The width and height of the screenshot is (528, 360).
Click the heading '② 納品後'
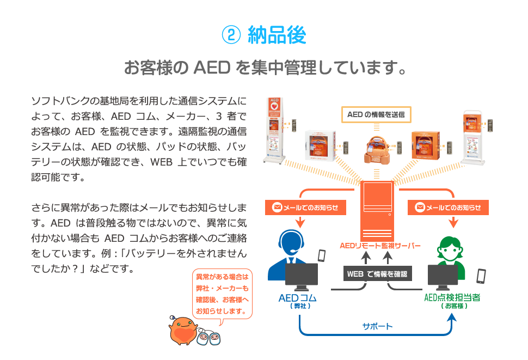[264, 35]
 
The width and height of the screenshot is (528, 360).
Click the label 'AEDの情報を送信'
[376, 114]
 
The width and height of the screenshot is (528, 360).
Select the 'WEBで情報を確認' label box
[377, 273]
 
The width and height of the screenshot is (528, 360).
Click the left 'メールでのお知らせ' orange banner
[305, 208]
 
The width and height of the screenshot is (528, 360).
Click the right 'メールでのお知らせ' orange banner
[448, 208]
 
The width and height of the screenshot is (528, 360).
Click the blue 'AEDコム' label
[297, 298]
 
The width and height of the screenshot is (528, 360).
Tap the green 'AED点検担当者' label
[452, 298]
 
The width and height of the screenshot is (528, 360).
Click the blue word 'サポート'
[377, 326]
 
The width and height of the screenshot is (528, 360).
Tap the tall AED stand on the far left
[274, 131]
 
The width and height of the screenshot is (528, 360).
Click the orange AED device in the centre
[377, 148]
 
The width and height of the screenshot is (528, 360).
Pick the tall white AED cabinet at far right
[472, 137]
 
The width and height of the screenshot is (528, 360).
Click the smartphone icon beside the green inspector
[481, 276]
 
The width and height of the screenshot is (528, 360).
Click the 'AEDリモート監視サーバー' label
[380, 246]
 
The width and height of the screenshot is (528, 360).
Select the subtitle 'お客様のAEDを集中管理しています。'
[264, 69]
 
